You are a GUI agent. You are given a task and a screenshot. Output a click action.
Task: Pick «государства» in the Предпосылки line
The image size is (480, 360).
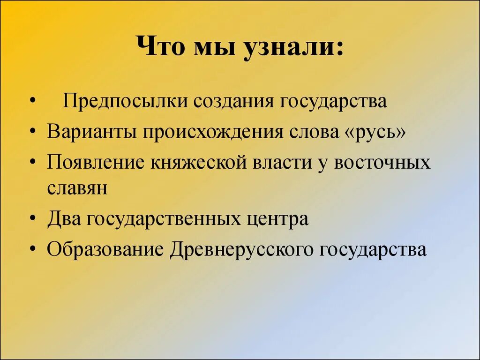pyautogui.click(x=334, y=101)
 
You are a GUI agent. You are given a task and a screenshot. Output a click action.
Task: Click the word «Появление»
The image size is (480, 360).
pyautogui.click(x=96, y=162)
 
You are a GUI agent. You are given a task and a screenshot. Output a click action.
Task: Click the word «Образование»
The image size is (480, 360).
pyautogui.click(x=105, y=249)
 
